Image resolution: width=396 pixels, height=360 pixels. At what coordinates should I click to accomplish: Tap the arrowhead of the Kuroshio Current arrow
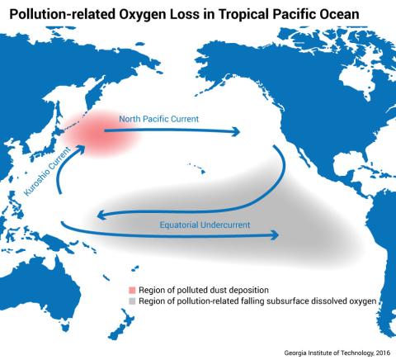point(82,148)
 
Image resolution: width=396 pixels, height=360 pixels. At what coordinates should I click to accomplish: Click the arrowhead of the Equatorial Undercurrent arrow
point(274,236)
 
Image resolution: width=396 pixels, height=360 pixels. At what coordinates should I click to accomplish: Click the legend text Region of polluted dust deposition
point(188,291)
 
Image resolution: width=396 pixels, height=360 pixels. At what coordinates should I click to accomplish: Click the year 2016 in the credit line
point(380,351)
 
